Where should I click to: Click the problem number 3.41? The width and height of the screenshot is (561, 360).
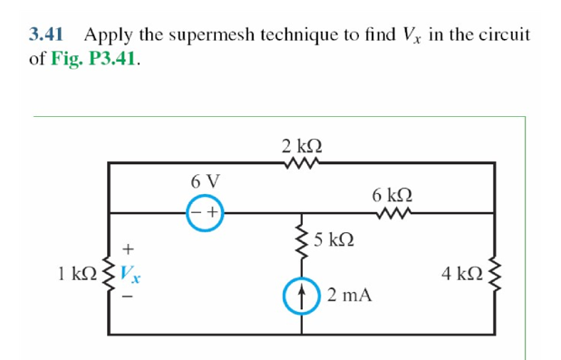[x=45, y=35]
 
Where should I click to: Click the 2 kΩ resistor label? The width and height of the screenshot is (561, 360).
[x=302, y=145]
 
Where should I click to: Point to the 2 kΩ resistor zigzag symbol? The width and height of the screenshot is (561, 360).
[x=301, y=163]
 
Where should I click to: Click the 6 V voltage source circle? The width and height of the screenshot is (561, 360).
[x=206, y=213]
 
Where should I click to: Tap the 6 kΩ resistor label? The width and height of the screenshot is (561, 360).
[x=392, y=194]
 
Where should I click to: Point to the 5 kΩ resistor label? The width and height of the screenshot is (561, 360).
[x=334, y=239]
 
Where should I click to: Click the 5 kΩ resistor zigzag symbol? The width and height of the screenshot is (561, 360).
[x=300, y=240]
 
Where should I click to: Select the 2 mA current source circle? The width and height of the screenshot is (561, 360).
[x=301, y=297]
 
